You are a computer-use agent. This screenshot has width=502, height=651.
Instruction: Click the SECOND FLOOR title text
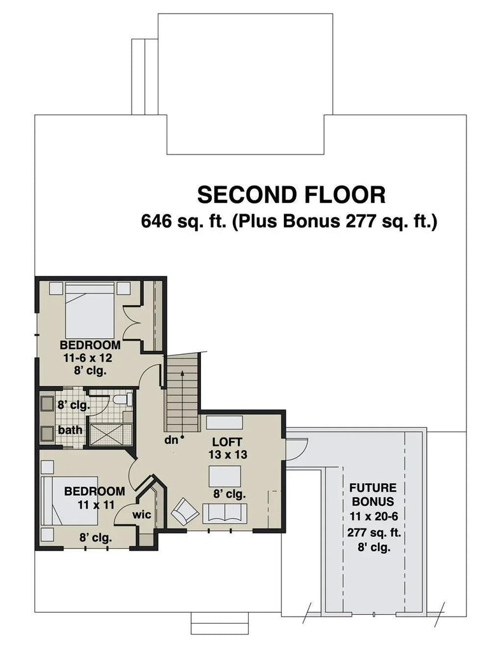pyautogui.click(x=291, y=193)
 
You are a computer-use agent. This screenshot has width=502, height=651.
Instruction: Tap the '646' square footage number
pyautogui.click(x=157, y=222)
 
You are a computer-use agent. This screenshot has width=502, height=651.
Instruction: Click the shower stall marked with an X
pyautogui.click(x=110, y=434)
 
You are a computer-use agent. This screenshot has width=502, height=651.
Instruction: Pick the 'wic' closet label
pyautogui.click(x=142, y=514)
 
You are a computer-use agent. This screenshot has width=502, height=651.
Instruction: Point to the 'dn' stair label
pyautogui.click(x=171, y=439)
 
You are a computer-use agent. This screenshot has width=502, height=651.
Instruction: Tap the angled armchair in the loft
pyautogui.click(x=185, y=510)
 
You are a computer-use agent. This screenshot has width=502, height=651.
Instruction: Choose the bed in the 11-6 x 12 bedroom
pyautogui.click(x=88, y=310)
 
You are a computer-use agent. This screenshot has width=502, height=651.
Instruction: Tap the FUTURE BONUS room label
pyautogui.click(x=373, y=494)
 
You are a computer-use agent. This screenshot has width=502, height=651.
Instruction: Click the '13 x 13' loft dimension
pyautogui.click(x=228, y=455)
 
